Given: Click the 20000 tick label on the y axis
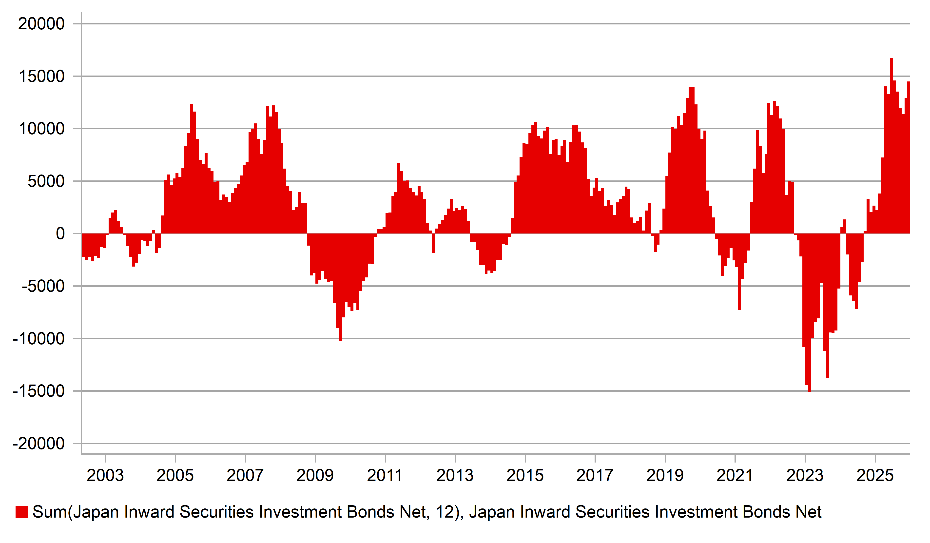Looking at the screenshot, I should [41, 24].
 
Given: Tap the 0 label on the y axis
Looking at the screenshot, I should [60, 234].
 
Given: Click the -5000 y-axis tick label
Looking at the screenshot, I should [43, 286].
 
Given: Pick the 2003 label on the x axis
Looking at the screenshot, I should [105, 475].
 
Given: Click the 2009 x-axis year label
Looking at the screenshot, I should [315, 475].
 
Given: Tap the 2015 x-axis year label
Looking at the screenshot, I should [525, 475].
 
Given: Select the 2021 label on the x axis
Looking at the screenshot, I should [735, 475].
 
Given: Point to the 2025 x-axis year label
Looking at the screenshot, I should [875, 475].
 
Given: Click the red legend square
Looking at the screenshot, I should [21, 512].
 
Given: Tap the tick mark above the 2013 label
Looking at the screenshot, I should [455, 458].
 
